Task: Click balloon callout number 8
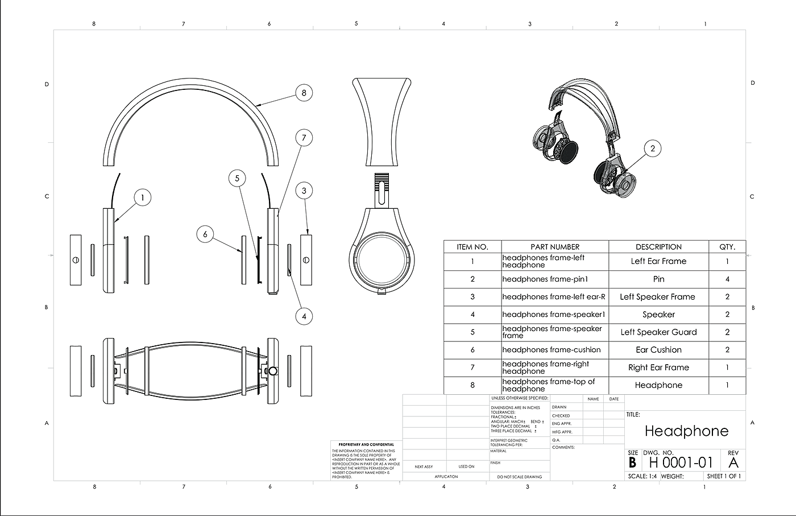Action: (304, 93)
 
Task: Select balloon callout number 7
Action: (304, 138)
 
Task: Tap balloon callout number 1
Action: (142, 198)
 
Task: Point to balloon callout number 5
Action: (237, 178)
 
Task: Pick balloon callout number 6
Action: (205, 234)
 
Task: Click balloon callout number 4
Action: (304, 316)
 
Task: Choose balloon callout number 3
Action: (304, 191)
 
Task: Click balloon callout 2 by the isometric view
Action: (653, 148)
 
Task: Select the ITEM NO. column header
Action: (472, 247)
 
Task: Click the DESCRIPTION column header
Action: (658, 247)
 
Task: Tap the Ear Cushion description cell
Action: (658, 350)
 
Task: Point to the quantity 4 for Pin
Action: (727, 279)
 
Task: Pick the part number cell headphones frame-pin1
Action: (545, 279)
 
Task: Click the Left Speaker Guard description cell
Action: (658, 332)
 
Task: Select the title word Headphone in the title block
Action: (686, 431)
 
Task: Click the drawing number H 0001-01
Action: (681, 463)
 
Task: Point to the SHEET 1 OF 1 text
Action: (724, 476)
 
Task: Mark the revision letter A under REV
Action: (733, 463)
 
